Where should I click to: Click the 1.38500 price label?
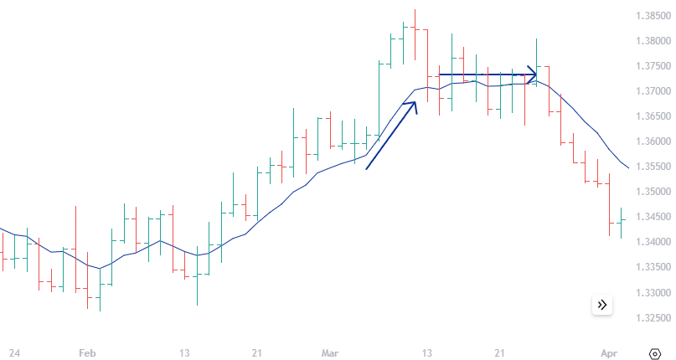click(650, 16)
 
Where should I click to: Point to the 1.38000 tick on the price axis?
click(650, 41)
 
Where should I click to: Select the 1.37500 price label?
click(650, 66)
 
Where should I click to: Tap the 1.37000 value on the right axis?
click(650, 91)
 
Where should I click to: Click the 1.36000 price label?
click(650, 141)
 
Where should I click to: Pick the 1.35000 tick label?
click(650, 192)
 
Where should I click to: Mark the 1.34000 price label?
click(650, 243)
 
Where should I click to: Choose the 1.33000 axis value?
click(650, 293)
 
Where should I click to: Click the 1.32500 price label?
click(650, 318)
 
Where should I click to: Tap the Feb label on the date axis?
click(87, 353)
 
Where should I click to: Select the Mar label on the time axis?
click(329, 353)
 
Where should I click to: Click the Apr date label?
click(609, 353)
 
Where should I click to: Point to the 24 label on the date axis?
click(14, 353)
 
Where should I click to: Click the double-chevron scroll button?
click(602, 305)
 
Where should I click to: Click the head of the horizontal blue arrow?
click(533, 75)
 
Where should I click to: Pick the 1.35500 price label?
click(650, 167)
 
